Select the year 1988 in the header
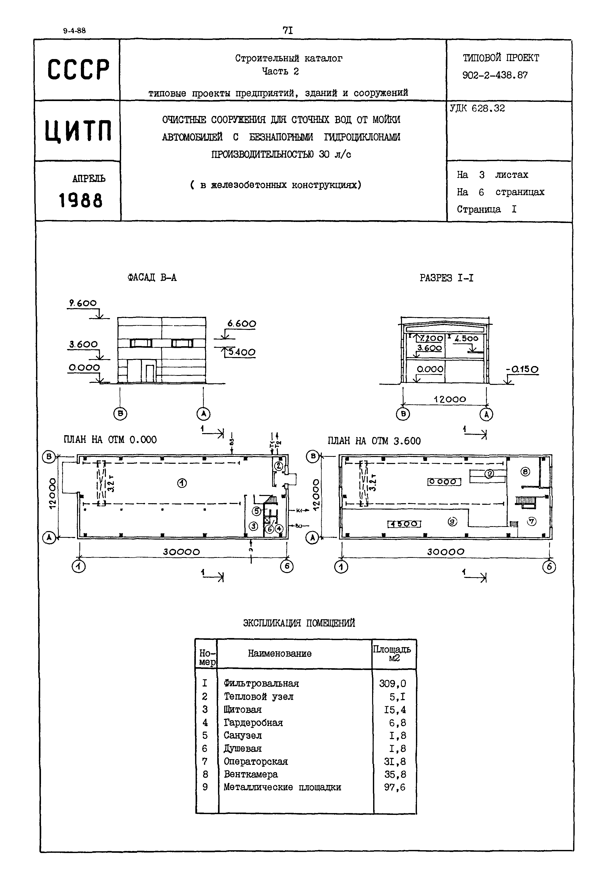pyautogui.click(x=80, y=200)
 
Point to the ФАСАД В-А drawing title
pyautogui.click(x=152, y=278)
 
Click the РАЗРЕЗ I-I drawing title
pyautogui.click(x=446, y=278)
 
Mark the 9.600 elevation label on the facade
pyautogui.click(x=83, y=303)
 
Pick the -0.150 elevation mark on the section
pyautogui.click(x=522, y=370)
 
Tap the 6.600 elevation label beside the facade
pyautogui.click(x=241, y=324)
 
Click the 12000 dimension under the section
pyautogui.click(x=450, y=399)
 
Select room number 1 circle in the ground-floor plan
pyautogui.click(x=182, y=483)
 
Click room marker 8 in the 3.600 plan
pyautogui.click(x=525, y=472)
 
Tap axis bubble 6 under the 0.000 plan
pyautogui.click(x=287, y=566)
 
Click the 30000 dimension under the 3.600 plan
pyautogui.click(x=446, y=552)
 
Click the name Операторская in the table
pyautogui.click(x=256, y=761)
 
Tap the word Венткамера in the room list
pyautogui.click(x=251, y=774)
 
